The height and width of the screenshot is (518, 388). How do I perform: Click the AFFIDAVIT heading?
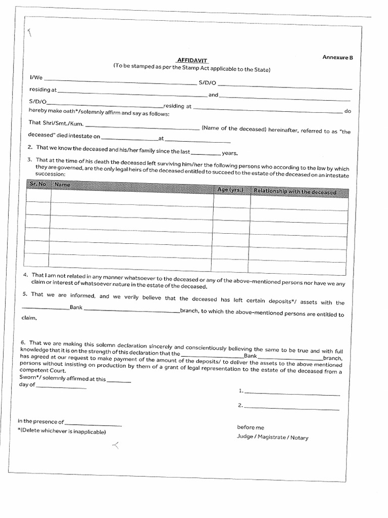192,60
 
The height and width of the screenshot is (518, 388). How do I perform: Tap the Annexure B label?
337,57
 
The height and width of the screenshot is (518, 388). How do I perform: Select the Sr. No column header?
37,185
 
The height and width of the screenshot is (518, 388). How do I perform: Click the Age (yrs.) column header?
231,190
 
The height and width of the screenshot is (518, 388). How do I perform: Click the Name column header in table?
62,185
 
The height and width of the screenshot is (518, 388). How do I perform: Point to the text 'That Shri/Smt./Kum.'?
56,122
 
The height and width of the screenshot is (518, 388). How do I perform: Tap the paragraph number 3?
30,160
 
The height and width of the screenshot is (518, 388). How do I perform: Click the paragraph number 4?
25,275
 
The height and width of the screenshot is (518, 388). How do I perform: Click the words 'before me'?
251,427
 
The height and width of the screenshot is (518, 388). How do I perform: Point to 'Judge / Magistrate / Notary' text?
272,438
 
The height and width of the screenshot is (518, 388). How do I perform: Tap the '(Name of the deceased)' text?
233,129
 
